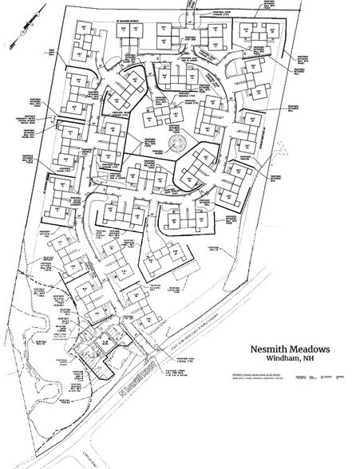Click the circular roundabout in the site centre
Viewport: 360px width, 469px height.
tap(174, 146)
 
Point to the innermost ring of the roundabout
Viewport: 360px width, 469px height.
tap(174, 146)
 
